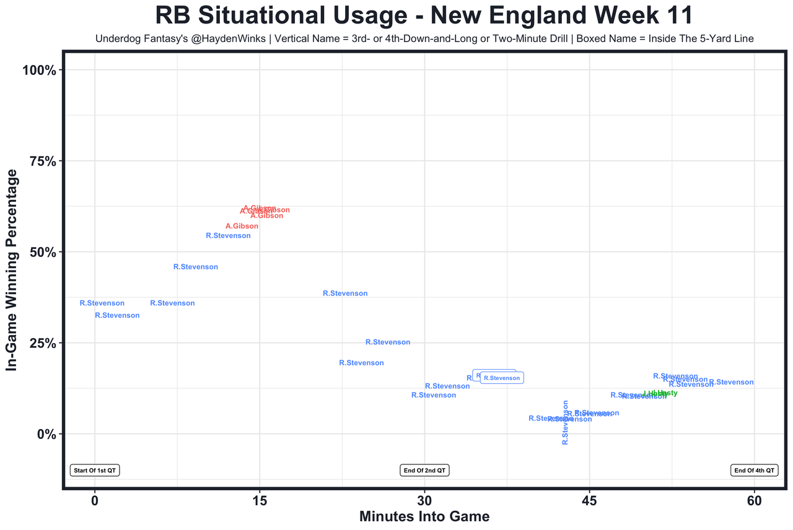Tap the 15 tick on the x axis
(260, 500)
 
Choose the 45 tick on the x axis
(589, 500)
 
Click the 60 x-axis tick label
(754, 500)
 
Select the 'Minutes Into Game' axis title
(424, 516)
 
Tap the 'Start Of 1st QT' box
(95, 471)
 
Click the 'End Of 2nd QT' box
(424, 471)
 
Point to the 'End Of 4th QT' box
(754, 471)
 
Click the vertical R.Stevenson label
(565, 422)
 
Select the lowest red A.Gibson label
(242, 227)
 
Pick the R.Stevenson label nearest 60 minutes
(731, 383)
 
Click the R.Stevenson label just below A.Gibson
(228, 236)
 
